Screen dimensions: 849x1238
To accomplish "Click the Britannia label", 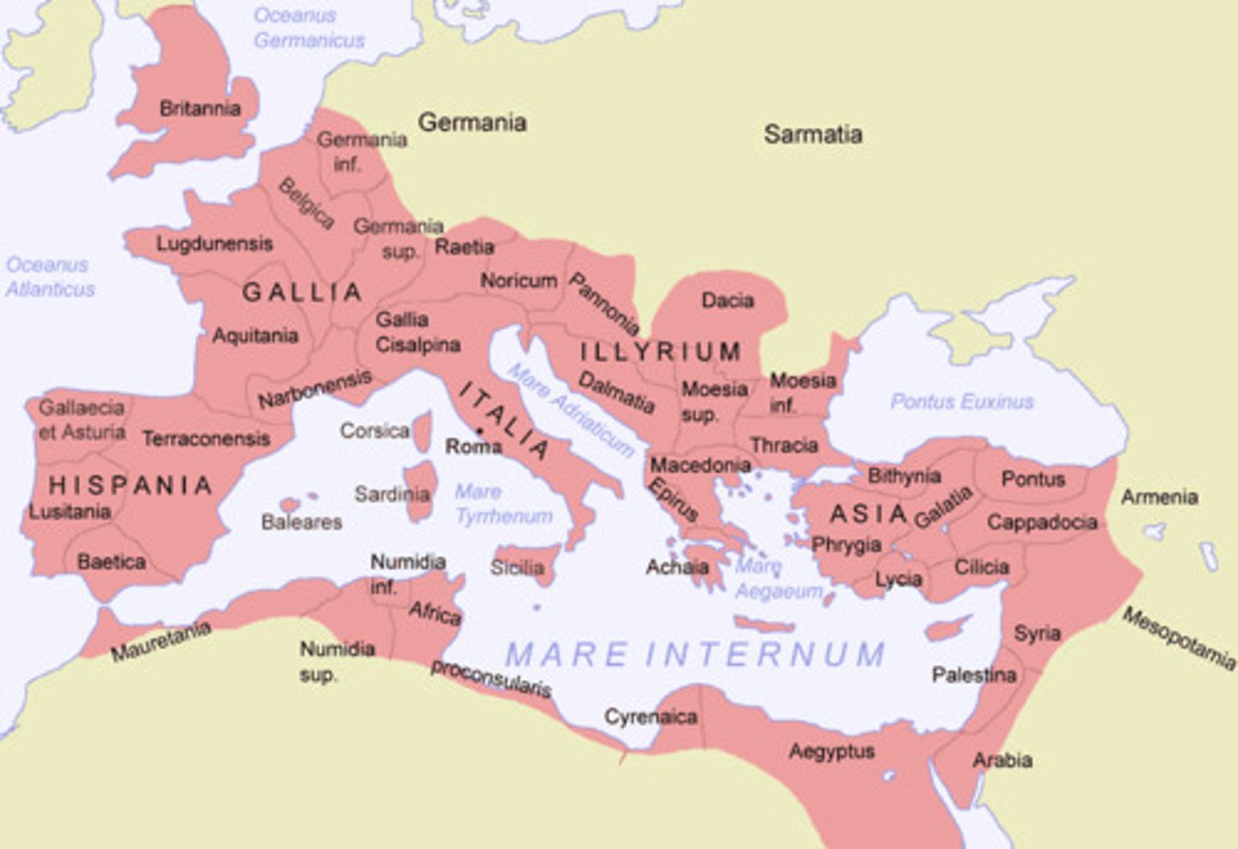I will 199,108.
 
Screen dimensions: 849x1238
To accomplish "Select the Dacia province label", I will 727,300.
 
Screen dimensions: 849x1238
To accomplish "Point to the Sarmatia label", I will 812,134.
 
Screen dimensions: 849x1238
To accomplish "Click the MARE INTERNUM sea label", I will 695,655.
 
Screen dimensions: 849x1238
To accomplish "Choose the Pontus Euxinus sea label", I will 961,402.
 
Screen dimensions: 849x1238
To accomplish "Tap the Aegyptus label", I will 831,751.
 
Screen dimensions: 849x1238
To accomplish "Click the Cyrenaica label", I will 650,717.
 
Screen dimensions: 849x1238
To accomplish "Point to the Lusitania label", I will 70,512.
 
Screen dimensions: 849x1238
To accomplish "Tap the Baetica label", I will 111,562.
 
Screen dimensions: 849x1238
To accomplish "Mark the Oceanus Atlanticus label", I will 50,277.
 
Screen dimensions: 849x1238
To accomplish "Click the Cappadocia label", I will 1041,522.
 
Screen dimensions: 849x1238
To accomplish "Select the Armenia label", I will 1159,496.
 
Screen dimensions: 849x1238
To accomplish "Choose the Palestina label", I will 973,675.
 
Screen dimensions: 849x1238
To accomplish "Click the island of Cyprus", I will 947,629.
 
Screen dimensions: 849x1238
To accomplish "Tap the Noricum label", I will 518,280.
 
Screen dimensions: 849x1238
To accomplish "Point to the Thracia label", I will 783,445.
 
